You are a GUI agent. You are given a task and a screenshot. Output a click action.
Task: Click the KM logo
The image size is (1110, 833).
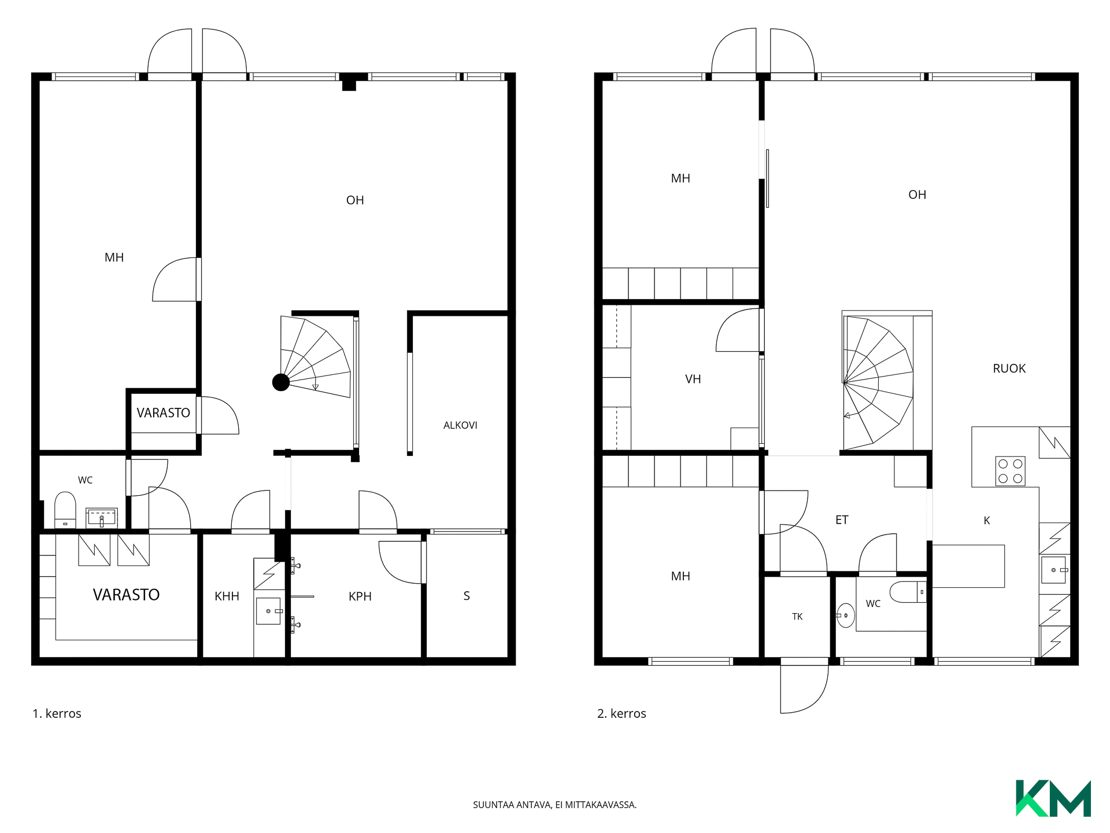point(1053,798)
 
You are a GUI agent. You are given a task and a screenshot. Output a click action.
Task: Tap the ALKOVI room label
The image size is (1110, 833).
point(460,425)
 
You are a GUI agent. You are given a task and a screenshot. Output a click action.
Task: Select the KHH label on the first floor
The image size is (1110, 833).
point(227,596)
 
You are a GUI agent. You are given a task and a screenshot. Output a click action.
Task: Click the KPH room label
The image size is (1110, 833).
point(360,596)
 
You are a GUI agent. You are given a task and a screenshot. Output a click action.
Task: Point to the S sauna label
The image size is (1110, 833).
point(467,596)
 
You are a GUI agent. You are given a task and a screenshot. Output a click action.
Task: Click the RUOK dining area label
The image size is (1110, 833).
point(1009,368)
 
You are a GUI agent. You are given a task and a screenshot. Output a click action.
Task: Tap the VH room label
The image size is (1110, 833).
point(693,379)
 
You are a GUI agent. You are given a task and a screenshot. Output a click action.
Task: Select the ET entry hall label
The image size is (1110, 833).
point(842,520)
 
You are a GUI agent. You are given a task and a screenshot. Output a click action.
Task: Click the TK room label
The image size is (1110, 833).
point(797,617)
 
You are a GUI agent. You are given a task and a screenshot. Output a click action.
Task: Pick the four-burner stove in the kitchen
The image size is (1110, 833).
point(1010,471)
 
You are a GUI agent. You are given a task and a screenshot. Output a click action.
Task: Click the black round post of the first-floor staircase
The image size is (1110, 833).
point(281,382)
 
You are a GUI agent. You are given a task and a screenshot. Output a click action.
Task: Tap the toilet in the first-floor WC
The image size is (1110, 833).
point(65,510)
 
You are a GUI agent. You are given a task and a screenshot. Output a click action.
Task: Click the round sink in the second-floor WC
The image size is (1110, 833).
point(845,615)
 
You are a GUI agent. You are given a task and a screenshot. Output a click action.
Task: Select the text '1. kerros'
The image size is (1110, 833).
point(57,714)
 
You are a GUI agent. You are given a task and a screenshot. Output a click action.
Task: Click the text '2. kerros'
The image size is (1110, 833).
point(621,714)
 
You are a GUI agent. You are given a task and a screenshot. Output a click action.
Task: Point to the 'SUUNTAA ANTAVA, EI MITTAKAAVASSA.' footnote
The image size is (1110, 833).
point(554,805)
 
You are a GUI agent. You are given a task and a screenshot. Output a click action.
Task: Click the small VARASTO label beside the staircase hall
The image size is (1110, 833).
point(163,413)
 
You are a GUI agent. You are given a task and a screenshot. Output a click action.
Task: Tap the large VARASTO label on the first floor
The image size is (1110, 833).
point(126,595)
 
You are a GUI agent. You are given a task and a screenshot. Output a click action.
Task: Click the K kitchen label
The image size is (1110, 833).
point(987,521)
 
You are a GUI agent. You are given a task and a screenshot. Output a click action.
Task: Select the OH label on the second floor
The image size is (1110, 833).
point(917,195)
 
